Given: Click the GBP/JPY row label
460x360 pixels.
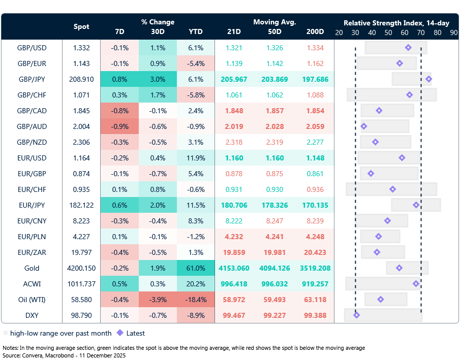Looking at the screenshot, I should click(x=32, y=80).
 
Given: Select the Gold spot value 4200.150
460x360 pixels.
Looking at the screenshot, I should click(x=81, y=268).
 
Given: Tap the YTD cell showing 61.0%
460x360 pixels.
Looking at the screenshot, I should click(x=195, y=268).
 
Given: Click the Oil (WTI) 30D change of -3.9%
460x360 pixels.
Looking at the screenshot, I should click(x=158, y=300).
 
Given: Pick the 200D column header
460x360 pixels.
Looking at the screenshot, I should click(x=315, y=31).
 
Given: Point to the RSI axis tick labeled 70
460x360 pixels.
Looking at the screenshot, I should click(x=421, y=32).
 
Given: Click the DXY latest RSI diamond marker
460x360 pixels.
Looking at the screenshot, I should click(x=356, y=315).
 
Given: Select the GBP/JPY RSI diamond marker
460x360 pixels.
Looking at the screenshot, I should click(x=428, y=79).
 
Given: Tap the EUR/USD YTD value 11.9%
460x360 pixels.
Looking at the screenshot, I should click(x=195, y=158).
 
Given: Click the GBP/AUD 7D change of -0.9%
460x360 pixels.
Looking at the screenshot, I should click(x=119, y=126).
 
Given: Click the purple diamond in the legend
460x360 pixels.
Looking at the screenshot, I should click(x=120, y=333).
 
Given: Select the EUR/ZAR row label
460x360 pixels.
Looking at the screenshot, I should click(x=32, y=252).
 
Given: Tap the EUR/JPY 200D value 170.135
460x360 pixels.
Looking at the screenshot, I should click(x=315, y=205).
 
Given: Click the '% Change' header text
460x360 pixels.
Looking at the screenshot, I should click(x=158, y=22).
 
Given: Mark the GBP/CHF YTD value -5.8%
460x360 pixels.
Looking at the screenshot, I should click(x=195, y=95).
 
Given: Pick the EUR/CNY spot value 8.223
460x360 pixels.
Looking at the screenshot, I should click(x=81, y=221).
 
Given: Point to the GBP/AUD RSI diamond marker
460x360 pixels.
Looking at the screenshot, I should click(x=363, y=126).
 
